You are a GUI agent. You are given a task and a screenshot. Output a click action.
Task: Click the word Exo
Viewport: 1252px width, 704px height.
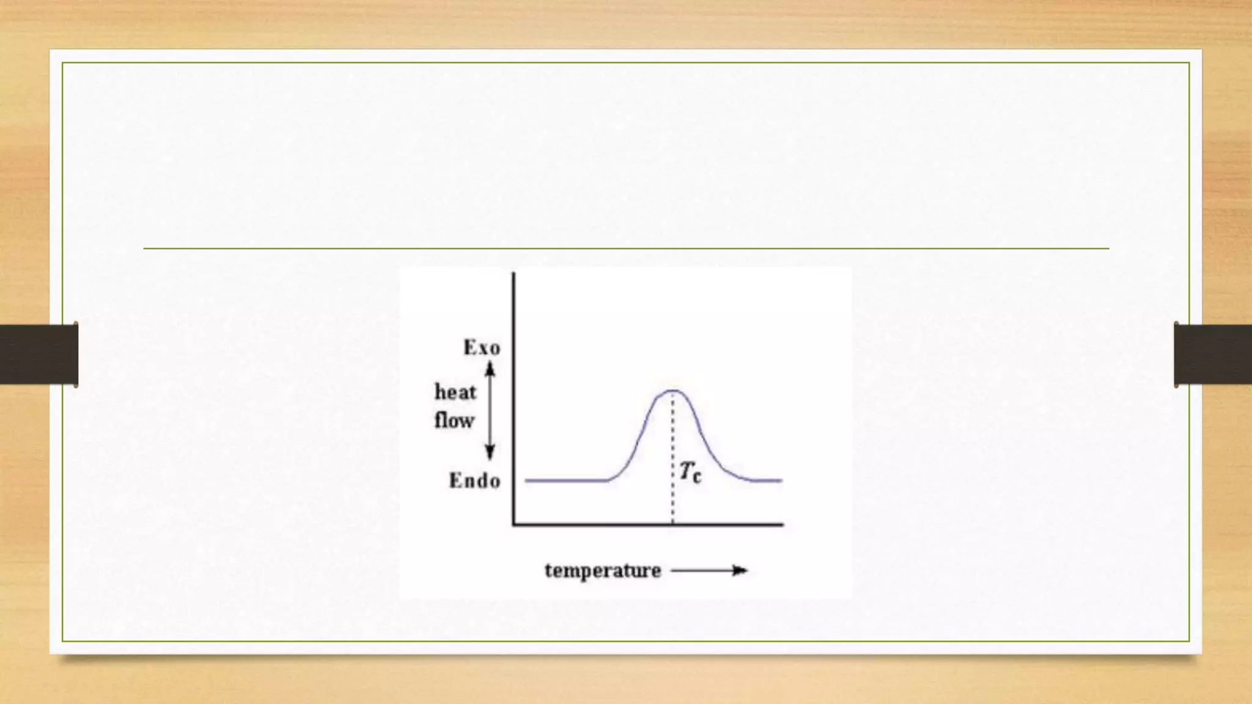tap(482, 348)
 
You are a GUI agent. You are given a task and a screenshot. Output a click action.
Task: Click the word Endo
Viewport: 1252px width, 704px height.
tap(475, 481)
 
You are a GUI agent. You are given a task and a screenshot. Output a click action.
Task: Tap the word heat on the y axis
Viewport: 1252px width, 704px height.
tap(455, 392)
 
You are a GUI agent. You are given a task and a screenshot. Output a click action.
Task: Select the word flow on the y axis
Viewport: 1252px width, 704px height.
tap(454, 420)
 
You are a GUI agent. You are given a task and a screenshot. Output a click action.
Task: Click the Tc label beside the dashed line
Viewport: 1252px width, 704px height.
tap(691, 472)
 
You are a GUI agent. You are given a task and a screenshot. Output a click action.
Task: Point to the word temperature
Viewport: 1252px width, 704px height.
tap(603, 571)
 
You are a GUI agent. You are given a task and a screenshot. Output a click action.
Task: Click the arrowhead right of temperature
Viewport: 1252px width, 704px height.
tap(740, 571)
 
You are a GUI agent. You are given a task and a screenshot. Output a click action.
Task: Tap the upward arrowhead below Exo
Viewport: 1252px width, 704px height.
tap(490, 368)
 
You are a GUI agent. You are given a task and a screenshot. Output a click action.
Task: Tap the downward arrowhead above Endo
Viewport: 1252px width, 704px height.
tap(490, 453)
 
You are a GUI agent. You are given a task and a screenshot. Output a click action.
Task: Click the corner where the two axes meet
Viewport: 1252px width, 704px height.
tap(514, 524)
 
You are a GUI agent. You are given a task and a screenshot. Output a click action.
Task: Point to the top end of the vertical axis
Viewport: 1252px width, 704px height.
tap(514, 274)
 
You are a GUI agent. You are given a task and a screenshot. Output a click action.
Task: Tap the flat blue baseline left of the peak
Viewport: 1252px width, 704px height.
tap(565, 481)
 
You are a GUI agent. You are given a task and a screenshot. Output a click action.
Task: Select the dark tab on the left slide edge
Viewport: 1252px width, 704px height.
tap(39, 354)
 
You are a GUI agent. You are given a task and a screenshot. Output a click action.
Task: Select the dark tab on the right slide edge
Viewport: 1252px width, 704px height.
tap(1213, 354)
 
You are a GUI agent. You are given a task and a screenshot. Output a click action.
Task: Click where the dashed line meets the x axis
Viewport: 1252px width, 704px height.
tap(672, 524)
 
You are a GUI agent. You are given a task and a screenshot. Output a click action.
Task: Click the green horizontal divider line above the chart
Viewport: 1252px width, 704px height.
tap(626, 249)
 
